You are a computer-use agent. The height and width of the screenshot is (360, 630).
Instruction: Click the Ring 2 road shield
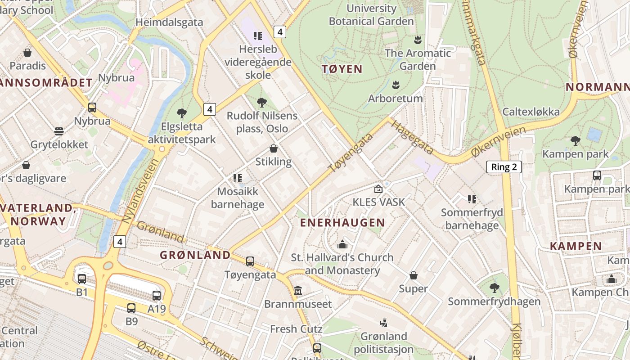504,167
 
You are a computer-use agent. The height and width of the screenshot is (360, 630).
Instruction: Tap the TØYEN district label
342,69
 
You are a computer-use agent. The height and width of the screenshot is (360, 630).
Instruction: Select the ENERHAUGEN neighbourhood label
342,222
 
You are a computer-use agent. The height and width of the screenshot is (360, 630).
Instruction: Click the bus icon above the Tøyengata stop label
250,261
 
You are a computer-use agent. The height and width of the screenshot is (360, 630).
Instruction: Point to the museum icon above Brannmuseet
297,291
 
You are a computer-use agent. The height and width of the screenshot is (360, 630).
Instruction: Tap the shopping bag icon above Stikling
273,148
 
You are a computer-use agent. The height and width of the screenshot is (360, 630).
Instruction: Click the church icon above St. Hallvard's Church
342,245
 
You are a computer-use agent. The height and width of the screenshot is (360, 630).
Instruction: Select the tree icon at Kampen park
575,141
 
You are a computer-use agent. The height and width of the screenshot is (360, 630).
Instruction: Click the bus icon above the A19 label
156,296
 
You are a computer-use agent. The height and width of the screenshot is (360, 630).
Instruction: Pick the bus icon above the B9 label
131,308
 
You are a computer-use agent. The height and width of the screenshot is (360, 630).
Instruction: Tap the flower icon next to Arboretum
396,85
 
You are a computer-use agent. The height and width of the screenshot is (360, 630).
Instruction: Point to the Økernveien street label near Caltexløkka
498,142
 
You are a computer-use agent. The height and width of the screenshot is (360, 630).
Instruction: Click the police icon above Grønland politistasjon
383,323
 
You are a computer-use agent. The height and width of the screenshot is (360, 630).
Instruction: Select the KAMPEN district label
576,246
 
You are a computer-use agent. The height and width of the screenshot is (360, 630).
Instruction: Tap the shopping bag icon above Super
413,275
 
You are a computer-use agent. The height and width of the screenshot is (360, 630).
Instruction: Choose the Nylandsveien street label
141,191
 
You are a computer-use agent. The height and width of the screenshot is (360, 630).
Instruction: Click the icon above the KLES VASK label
378,189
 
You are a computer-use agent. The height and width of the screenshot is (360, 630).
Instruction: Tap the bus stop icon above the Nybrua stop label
92,108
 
